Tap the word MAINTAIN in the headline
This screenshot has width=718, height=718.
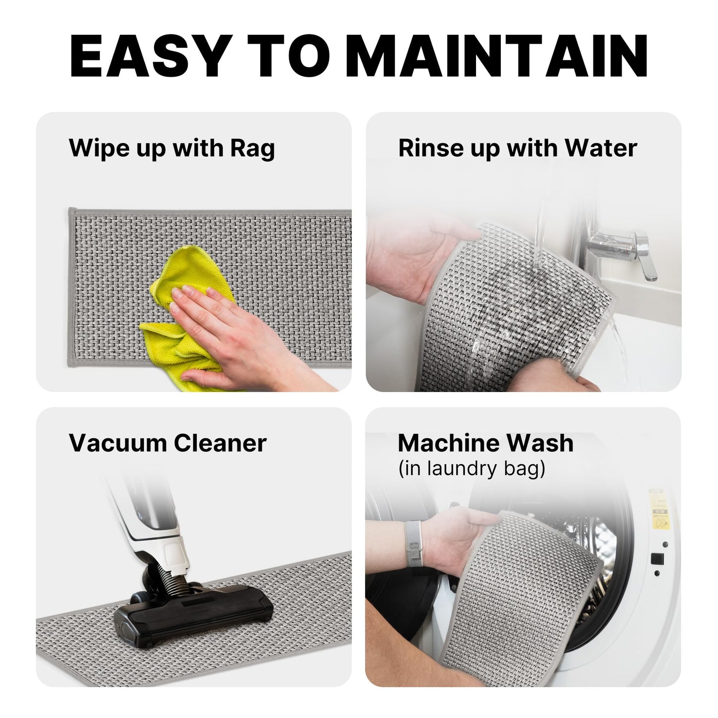pos(498,56)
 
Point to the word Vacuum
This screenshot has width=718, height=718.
pos(118,443)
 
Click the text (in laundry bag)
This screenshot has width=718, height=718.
pos(472,469)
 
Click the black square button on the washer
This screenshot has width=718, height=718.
pos(657,558)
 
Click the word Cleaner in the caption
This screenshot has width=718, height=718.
pos(220,443)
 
